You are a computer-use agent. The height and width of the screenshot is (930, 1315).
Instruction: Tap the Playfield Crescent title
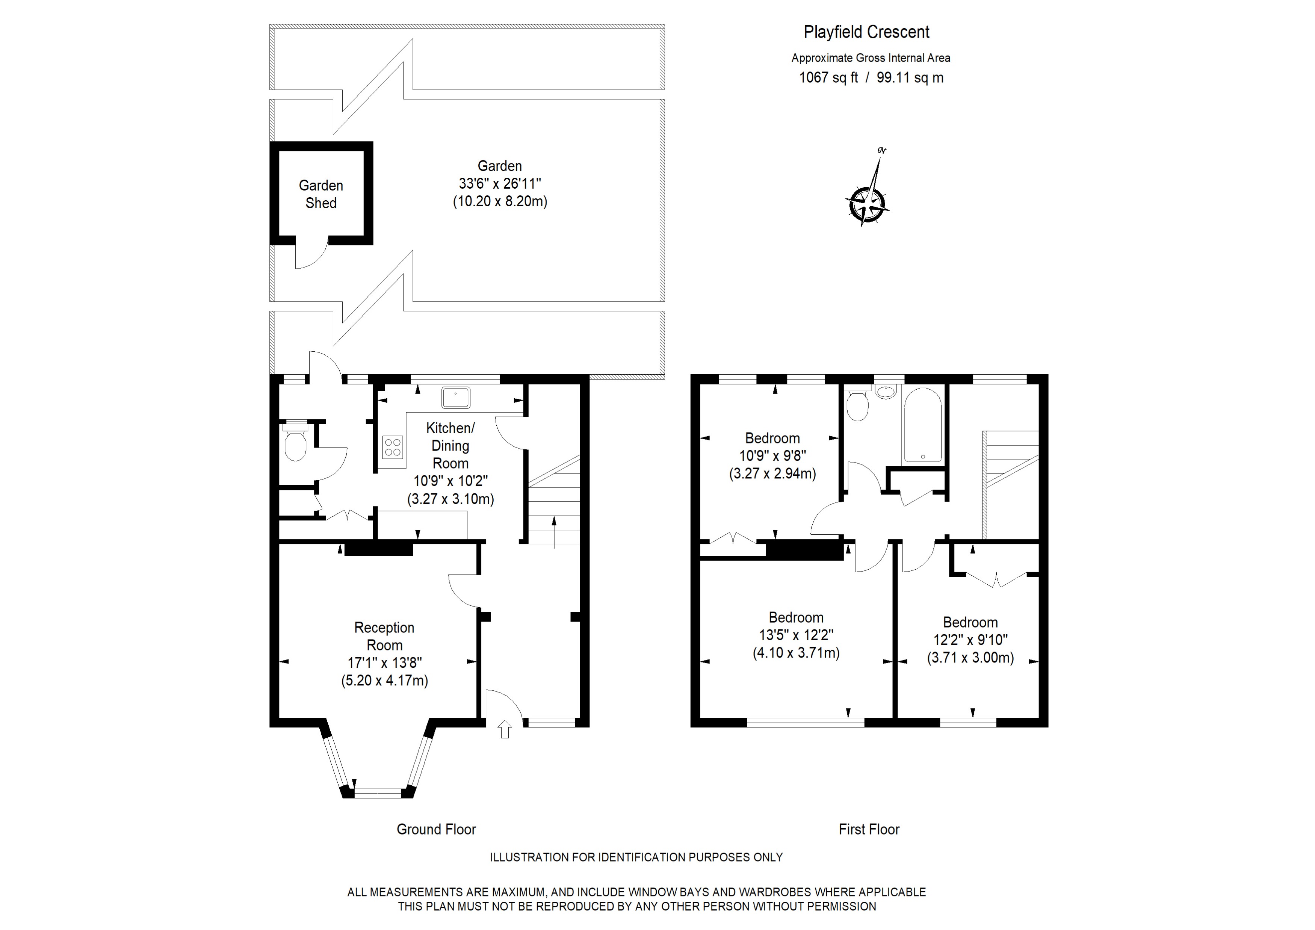(866, 32)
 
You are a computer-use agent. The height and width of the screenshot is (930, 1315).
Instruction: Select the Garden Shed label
(321, 194)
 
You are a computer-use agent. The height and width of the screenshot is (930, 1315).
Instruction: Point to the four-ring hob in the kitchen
(393, 447)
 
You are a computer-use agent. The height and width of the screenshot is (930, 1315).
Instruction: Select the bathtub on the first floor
(922, 425)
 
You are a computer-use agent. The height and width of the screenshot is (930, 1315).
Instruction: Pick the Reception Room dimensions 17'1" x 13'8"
(384, 662)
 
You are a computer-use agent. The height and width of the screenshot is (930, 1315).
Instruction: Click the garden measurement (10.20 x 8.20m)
(500, 201)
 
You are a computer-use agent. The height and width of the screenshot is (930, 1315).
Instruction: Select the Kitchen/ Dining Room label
(450, 446)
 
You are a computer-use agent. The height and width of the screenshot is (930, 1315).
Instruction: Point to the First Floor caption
(869, 829)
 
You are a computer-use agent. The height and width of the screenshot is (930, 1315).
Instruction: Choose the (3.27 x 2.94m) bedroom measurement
(772, 473)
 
